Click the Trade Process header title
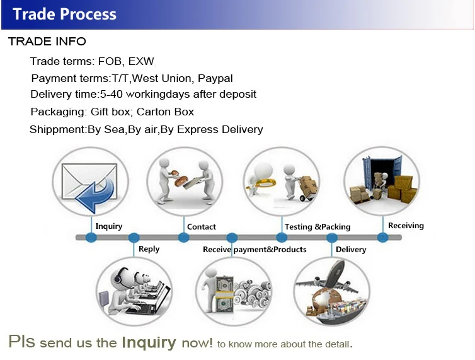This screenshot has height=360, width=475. tap(64, 14)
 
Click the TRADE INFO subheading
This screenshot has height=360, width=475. tap(47, 42)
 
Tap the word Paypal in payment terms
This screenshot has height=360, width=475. tap(215, 78)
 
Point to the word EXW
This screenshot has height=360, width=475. tap(141, 61)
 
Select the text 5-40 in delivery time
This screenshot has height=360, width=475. tap(113, 95)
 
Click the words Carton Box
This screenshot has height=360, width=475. tap(166, 112)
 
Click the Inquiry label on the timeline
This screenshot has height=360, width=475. tap(108, 226)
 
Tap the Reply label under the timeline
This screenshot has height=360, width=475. tap(149, 249)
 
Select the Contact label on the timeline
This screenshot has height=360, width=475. tap(202, 226)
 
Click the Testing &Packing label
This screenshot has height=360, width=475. tap(318, 226)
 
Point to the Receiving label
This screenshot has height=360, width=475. tap(406, 225)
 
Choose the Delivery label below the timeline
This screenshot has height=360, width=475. tap(351, 250)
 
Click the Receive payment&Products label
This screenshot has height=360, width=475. tap(255, 250)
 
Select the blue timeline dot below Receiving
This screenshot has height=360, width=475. tap(382, 237)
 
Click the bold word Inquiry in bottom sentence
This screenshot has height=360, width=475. tap(149, 342)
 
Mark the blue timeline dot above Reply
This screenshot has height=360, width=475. tap(134, 238)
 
